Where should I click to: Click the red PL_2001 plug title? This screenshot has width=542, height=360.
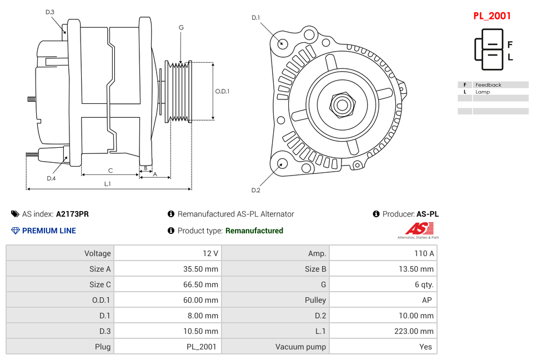[491, 16]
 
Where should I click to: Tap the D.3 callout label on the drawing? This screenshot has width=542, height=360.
[50, 12]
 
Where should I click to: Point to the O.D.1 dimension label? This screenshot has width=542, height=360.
[222, 91]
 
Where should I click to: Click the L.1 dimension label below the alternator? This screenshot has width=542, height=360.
[108, 183]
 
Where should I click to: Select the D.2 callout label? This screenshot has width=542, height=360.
[255, 190]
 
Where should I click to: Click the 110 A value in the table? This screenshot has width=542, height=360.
[424, 253]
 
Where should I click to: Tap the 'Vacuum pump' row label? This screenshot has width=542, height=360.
[300, 347]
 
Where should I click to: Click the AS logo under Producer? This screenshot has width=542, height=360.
[418, 229]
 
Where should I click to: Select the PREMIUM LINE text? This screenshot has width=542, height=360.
[49, 231]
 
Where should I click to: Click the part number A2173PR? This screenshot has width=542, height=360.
[72, 214]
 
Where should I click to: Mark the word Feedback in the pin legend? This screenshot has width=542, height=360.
[488, 85]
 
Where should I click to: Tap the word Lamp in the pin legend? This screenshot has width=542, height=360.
[483, 92]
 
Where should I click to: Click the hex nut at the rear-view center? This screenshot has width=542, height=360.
[342, 104]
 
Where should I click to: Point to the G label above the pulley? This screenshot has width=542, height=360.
[181, 28]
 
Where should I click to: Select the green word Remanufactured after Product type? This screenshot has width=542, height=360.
[254, 231]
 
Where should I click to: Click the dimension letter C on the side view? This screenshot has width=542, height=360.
[110, 171]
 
